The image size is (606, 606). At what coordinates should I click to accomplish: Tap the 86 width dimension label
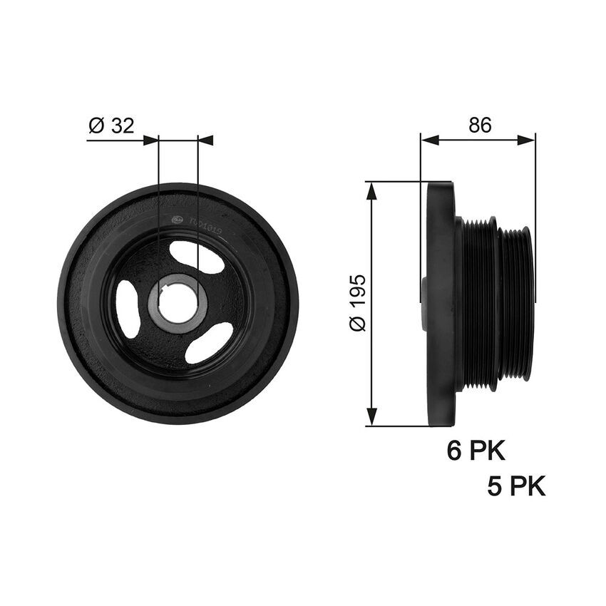(x=480, y=125)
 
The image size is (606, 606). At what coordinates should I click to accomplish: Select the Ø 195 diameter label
(x=357, y=302)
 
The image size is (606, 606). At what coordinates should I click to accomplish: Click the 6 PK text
(x=476, y=451)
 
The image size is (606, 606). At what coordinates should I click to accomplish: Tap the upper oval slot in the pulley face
(x=197, y=257)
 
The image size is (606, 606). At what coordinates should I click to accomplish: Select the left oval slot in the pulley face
(x=128, y=309)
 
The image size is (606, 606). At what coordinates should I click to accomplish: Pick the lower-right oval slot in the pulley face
(x=209, y=341)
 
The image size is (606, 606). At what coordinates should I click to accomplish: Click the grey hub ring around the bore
(x=154, y=307)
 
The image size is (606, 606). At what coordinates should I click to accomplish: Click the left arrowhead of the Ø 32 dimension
(x=150, y=140)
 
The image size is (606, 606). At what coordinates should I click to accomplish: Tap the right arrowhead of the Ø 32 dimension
(x=205, y=140)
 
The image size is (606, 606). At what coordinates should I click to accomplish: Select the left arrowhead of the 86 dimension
(x=428, y=140)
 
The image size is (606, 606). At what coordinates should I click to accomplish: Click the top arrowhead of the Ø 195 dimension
(x=370, y=189)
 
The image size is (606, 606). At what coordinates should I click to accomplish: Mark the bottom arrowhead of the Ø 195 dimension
(x=370, y=418)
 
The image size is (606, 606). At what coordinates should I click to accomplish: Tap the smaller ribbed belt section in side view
(x=515, y=304)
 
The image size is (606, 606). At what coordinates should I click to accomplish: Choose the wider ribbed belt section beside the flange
(x=479, y=304)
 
